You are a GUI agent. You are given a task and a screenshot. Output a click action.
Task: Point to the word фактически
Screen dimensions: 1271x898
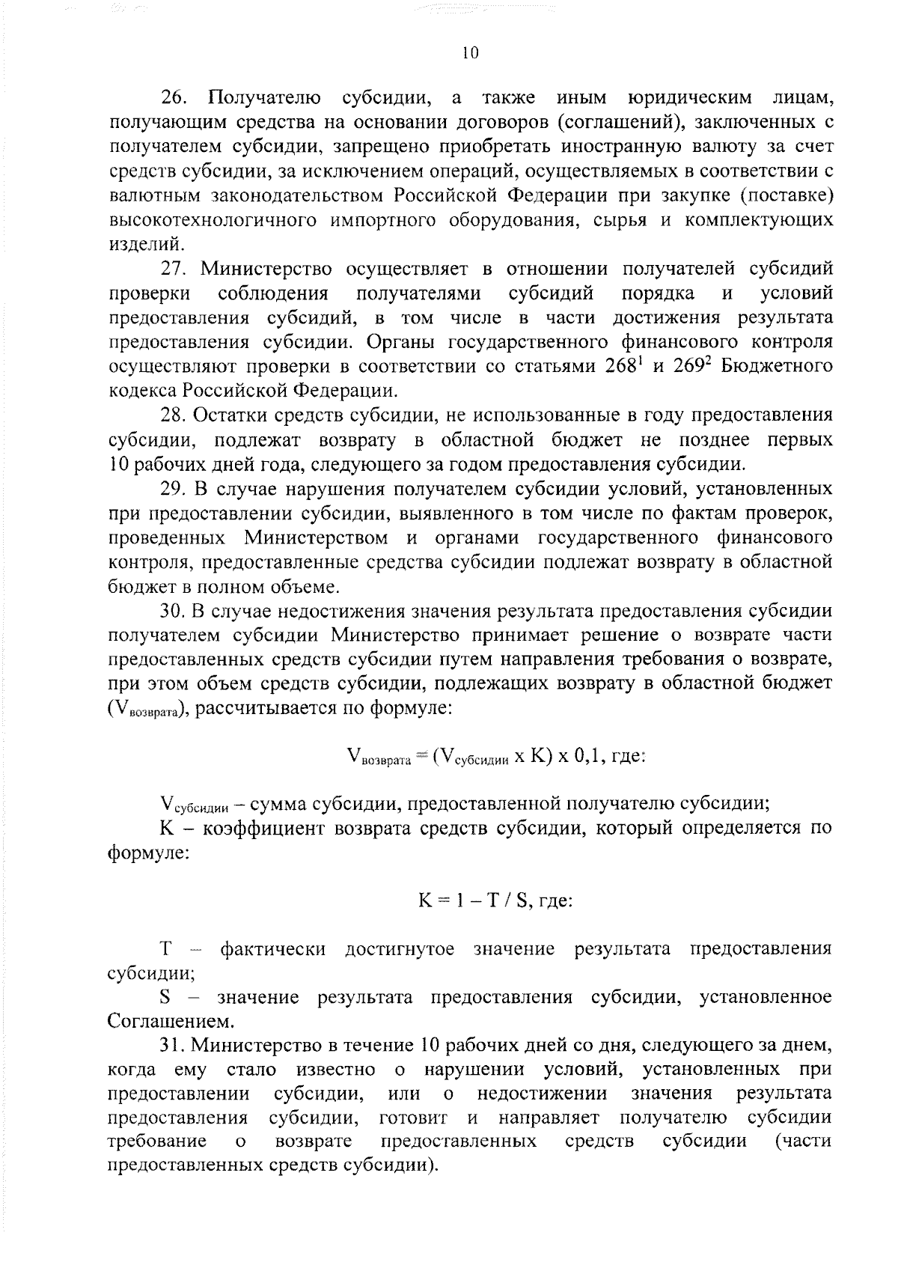pyautogui.click(x=273, y=950)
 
